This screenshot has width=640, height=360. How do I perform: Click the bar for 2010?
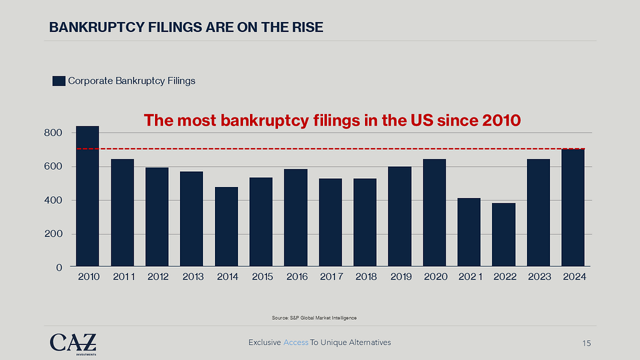(87, 197)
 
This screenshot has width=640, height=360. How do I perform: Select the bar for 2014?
(226, 227)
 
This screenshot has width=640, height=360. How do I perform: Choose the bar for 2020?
(434, 213)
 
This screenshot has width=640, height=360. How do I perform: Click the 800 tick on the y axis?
(53, 133)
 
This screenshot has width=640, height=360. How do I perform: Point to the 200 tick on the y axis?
(53, 234)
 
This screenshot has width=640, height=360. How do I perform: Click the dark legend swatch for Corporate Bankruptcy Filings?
(59, 81)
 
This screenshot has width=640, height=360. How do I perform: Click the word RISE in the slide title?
(309, 27)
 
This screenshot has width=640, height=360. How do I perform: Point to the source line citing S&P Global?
(314, 318)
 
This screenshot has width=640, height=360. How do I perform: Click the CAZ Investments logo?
(73, 343)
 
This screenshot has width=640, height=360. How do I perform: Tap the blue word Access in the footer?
(296, 342)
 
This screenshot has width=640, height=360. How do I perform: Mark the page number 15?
(586, 343)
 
